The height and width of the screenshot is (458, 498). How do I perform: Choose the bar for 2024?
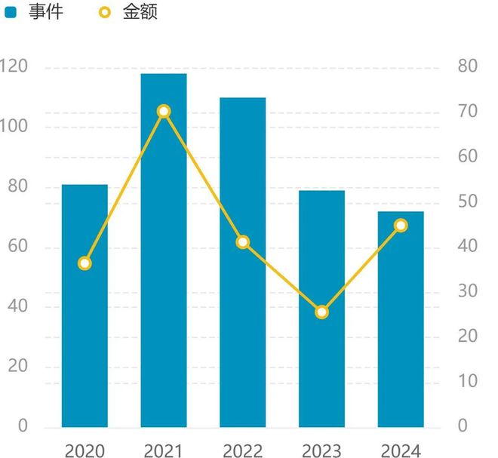point(401,332)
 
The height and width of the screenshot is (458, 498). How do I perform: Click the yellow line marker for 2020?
point(85,263)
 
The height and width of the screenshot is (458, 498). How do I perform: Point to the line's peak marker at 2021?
point(164,112)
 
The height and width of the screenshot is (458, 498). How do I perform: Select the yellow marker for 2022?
point(243,242)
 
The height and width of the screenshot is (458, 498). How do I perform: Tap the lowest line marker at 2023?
point(322,312)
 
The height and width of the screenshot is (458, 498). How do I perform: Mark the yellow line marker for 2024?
point(401,226)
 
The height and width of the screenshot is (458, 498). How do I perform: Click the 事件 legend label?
point(46,12)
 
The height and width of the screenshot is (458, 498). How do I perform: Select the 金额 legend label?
point(140,12)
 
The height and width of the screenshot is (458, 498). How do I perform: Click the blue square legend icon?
point(11,13)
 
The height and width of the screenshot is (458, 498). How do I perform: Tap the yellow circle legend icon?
point(105,13)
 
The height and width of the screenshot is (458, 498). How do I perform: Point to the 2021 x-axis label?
point(164,451)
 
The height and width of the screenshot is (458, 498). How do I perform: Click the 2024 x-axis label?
point(401,451)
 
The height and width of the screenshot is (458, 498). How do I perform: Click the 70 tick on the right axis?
point(468,112)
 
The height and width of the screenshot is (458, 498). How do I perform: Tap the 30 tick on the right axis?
point(468,291)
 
